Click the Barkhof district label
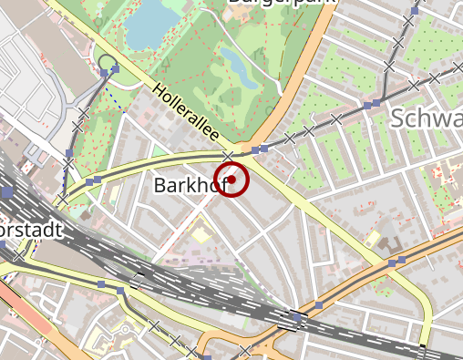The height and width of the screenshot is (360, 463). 188,185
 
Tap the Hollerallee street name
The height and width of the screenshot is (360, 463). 187,113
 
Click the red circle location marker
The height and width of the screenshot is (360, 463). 232,179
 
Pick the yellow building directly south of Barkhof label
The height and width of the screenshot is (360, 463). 200,235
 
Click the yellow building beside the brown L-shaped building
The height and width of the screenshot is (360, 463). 372,238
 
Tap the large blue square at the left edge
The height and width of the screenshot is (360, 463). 6,192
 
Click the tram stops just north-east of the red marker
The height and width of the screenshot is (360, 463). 260,148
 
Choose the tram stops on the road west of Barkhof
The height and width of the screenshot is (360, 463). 93,181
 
